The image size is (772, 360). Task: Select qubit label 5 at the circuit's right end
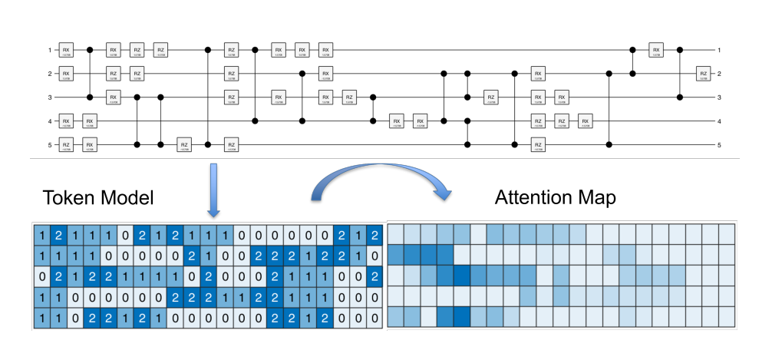coord(720,144)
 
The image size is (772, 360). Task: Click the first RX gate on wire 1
coord(66,51)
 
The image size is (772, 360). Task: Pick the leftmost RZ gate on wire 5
coord(66,144)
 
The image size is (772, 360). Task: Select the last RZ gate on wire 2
coord(702,74)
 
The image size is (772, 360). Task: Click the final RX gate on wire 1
coord(656,51)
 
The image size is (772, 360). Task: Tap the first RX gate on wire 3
coord(114,97)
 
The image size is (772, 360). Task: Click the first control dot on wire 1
coord(91,51)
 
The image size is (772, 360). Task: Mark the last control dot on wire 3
coord(679,97)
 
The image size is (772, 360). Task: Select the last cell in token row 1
coord(374,233)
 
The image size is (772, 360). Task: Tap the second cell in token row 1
coord(57,233)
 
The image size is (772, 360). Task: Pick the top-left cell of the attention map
coord(397,233)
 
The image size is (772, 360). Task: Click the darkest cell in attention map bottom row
coord(462,316)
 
